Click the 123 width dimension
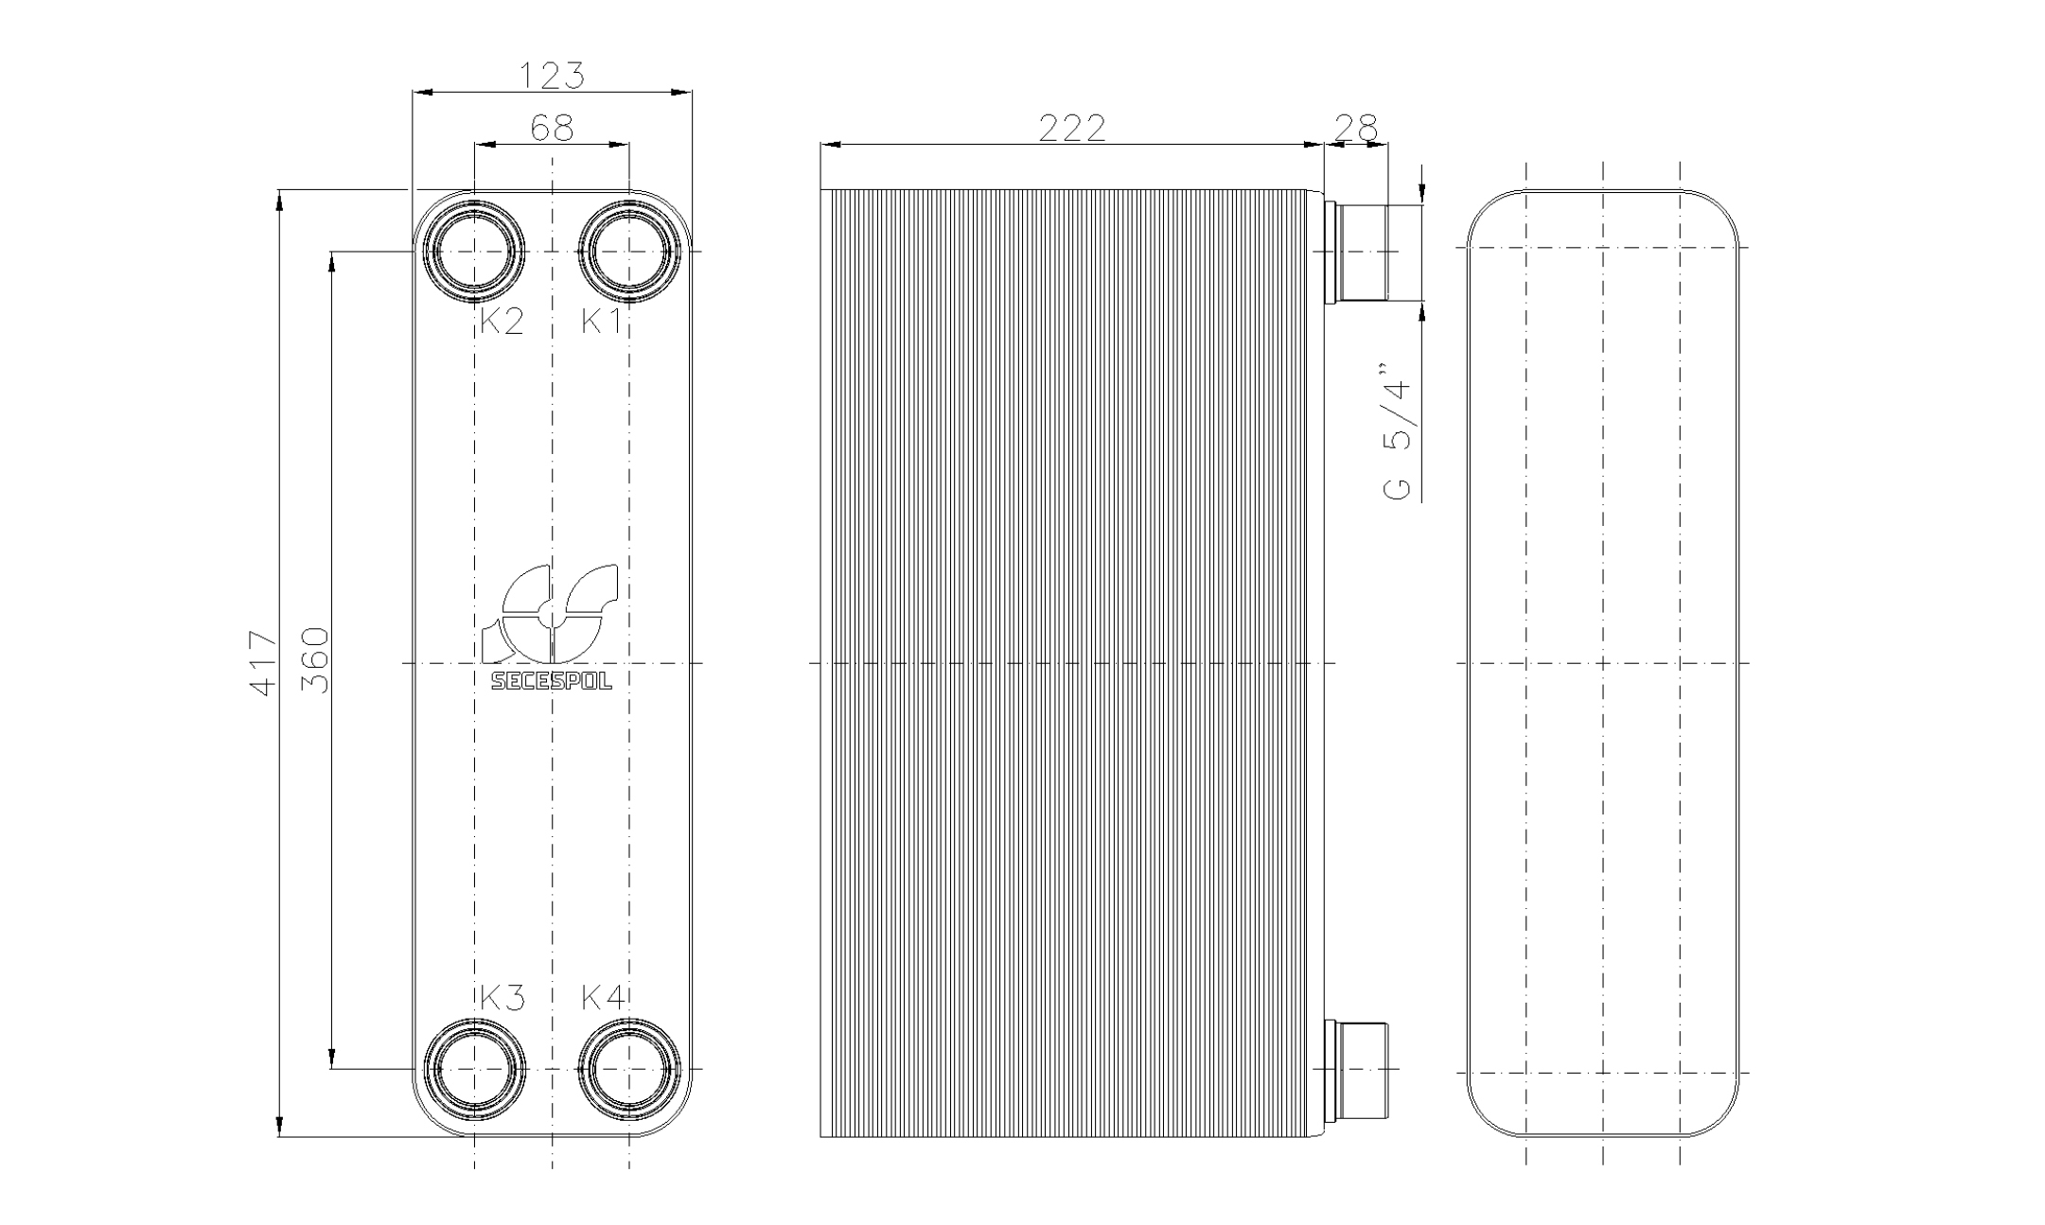(x=553, y=76)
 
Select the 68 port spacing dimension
(x=552, y=127)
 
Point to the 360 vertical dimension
(x=317, y=659)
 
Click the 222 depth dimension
(x=1071, y=128)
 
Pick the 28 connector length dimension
(x=1355, y=128)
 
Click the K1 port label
(x=602, y=322)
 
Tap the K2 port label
(x=502, y=322)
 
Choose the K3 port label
(x=502, y=997)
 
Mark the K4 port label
(x=603, y=997)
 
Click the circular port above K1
(x=629, y=251)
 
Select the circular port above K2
(x=474, y=251)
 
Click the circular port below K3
(x=474, y=1069)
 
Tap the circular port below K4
(x=629, y=1069)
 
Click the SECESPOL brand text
(x=552, y=681)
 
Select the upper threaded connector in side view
(x=1359, y=252)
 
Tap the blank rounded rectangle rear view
(x=1603, y=662)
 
